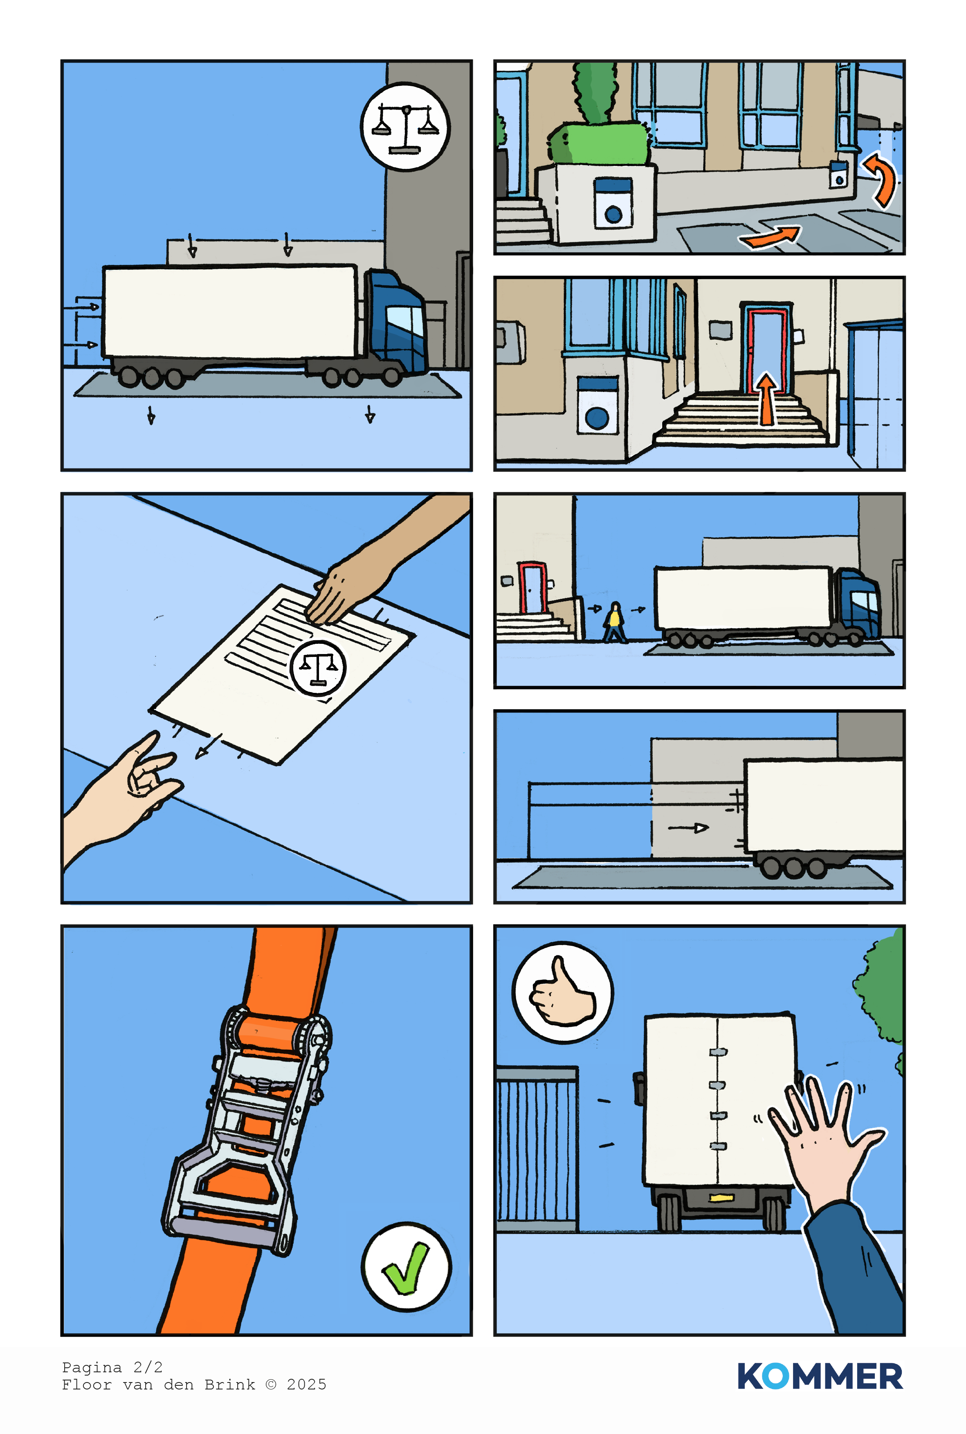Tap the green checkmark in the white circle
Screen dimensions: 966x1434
[x=406, y=1267]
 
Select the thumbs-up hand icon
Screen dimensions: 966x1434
[x=562, y=993]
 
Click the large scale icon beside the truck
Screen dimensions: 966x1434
[x=405, y=127]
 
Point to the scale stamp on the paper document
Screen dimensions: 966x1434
[x=318, y=668]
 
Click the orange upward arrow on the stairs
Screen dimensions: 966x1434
[x=766, y=399]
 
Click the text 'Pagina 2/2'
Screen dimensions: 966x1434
[x=112, y=1367]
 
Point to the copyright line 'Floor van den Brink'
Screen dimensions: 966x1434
[x=158, y=1385]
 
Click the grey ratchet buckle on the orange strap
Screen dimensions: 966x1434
[x=247, y=1127]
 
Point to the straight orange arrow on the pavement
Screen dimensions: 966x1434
[x=771, y=236]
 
